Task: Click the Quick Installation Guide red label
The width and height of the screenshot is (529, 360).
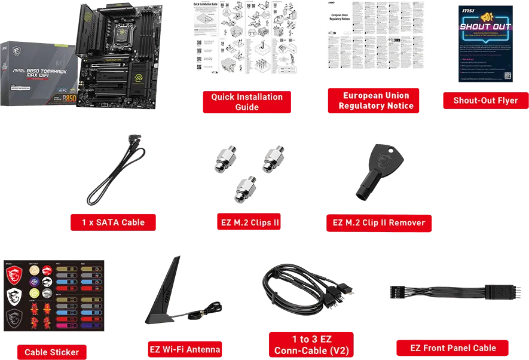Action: [x=247, y=102]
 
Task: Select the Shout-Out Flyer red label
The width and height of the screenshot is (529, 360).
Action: [x=485, y=100]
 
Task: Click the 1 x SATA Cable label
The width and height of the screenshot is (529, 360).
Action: [x=113, y=222]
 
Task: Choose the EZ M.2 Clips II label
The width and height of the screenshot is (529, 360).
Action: [x=247, y=222]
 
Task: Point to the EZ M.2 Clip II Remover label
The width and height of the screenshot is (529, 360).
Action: [x=378, y=222]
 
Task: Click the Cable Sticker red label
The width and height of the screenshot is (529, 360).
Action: [x=51, y=352]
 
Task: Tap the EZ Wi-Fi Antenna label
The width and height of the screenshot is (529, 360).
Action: [x=184, y=349]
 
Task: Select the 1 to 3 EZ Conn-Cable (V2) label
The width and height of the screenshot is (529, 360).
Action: [x=311, y=345]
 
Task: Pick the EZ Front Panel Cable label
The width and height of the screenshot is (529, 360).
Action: [x=452, y=348]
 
